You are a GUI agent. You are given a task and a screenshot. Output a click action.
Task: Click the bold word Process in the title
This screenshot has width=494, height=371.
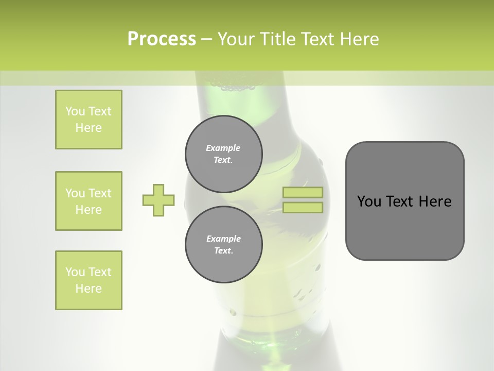162,39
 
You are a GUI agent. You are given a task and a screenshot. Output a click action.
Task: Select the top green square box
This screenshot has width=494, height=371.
89,120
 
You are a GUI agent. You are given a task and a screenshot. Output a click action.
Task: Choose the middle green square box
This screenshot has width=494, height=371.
89,201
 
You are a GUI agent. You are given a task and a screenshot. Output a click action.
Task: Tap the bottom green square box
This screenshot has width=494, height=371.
89,280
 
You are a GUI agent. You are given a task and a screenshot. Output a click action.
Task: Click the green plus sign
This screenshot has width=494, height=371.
158,200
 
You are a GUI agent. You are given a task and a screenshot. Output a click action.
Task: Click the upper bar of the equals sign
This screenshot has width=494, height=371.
303,193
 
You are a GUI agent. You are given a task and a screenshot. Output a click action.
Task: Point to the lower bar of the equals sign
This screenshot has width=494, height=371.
303,208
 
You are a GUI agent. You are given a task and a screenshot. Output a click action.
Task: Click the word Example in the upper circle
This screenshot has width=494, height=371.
223,148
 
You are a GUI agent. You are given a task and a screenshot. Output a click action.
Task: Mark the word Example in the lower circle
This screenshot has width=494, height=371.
223,239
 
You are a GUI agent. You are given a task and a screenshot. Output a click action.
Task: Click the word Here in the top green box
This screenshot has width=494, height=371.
89,128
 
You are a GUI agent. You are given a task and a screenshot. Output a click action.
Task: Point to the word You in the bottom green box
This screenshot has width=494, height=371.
75,272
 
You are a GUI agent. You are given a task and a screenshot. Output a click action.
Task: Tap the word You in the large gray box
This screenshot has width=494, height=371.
369,201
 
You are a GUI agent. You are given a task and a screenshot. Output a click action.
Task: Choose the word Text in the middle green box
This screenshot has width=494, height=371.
100,193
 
